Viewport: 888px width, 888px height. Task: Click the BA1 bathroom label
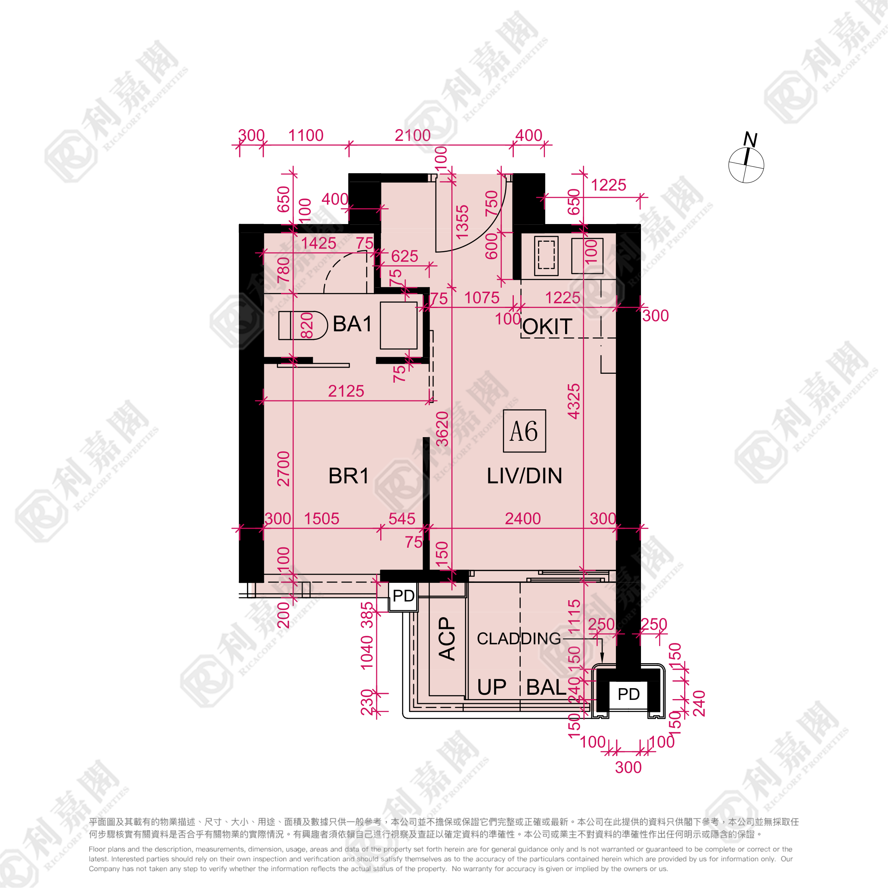(352, 324)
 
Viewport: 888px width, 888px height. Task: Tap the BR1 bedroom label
(349, 476)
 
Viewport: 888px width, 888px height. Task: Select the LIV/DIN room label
(524, 476)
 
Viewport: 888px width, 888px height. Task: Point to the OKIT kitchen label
(547, 327)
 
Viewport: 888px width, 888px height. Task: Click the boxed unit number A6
(524, 431)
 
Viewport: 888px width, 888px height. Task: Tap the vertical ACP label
(447, 639)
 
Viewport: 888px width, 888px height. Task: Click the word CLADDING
(519, 639)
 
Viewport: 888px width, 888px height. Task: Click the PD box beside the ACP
(404, 596)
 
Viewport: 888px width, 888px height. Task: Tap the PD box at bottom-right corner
(628, 694)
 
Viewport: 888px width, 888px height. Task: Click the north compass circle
(746, 165)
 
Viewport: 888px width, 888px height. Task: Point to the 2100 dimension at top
(413, 135)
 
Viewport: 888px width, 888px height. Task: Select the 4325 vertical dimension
(574, 401)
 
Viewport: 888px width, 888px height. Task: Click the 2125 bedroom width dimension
(346, 391)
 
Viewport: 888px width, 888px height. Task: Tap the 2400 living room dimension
(523, 518)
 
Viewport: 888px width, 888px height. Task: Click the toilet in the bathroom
(303, 325)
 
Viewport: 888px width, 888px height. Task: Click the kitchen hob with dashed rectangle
(547, 256)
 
